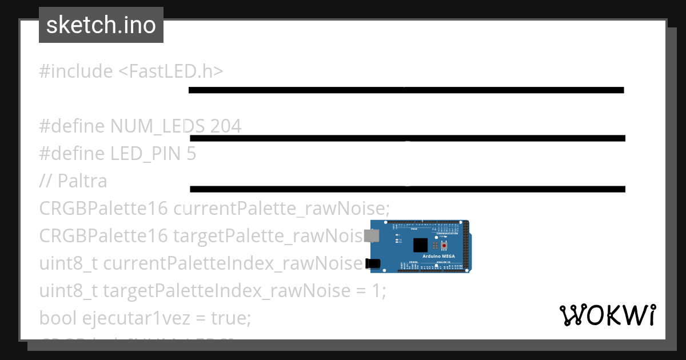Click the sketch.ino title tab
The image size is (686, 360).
click(101, 25)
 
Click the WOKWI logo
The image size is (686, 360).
click(608, 315)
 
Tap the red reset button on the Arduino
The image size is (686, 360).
click(444, 245)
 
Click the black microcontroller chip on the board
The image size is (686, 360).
click(420, 245)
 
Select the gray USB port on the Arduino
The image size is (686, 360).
click(372, 235)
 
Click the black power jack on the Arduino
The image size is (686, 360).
click(373, 263)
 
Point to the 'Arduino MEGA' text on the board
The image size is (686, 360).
click(438, 257)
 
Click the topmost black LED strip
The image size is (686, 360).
click(406, 90)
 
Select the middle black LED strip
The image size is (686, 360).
click(407, 138)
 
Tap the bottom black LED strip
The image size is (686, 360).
click(407, 189)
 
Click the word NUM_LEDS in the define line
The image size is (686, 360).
click(158, 126)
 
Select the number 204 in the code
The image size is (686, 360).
click(226, 126)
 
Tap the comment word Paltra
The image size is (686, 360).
click(82, 181)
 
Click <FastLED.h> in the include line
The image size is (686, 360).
click(170, 71)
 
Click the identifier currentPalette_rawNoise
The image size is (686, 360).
click(280, 209)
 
